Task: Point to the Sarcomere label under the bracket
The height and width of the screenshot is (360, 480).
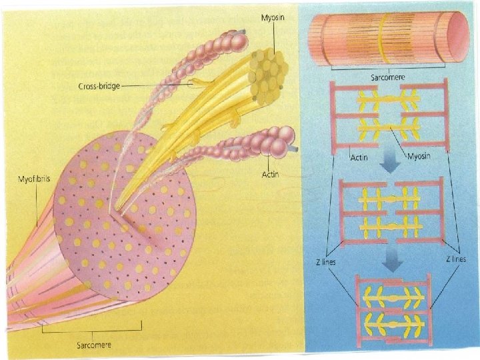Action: tap(92, 344)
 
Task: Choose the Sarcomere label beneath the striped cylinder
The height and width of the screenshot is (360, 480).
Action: tap(387, 77)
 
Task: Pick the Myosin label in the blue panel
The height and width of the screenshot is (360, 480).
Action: tap(419, 158)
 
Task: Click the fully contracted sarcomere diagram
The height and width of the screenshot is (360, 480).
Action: tap(394, 309)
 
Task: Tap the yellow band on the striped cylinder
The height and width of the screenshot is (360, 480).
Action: tap(381, 40)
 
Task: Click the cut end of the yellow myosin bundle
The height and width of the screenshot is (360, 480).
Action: tap(268, 71)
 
